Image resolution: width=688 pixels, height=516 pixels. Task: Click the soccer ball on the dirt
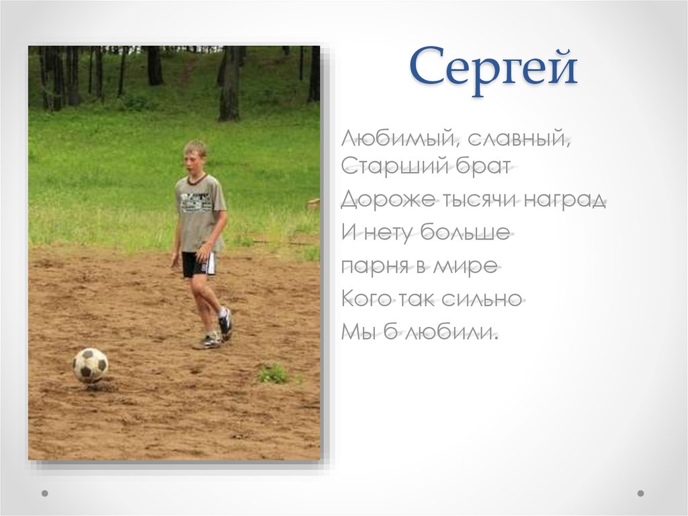tap(90, 365)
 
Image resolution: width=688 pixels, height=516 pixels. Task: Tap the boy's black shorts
tap(198, 264)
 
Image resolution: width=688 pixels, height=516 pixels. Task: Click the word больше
tap(464, 233)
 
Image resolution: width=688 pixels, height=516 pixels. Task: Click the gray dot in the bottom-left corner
tap(45, 493)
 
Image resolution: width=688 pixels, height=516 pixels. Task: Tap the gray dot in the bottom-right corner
tap(640, 493)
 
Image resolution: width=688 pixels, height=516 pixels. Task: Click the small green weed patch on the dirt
tap(273, 374)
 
